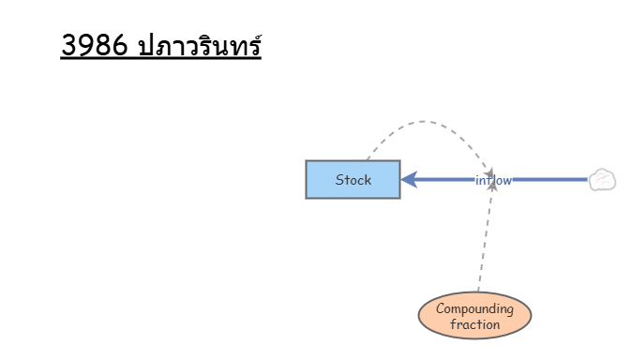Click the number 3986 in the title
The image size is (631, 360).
94,45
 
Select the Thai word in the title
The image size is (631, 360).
200,44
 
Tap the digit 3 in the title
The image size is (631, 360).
69,45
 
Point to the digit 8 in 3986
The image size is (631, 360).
102,45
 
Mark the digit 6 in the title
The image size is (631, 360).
119,45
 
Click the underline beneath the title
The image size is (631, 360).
161,59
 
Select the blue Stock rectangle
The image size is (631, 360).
353,179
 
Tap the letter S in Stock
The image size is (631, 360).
339,180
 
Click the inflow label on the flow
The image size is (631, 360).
493,180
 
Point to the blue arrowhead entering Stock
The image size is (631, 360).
409,179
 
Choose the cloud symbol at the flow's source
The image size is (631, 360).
603,180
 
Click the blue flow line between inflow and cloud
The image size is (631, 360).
550,179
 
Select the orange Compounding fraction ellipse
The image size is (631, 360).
474,315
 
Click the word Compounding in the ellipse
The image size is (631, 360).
474,309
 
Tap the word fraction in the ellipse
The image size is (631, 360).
474,324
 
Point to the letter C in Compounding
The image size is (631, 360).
441,308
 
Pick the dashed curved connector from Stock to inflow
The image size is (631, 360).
423,121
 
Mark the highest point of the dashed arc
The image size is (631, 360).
423,121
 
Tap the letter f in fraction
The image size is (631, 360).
453,324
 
